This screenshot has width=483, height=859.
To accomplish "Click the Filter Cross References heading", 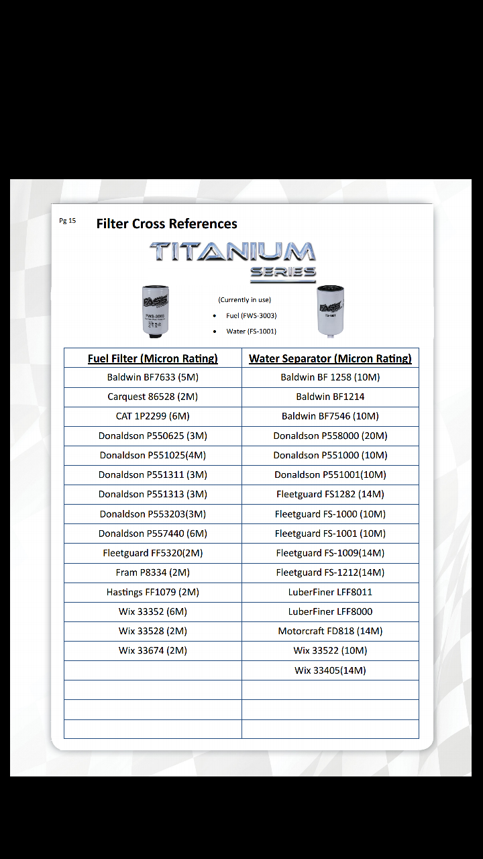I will (x=166, y=223).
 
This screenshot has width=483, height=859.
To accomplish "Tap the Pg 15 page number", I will (x=67, y=221).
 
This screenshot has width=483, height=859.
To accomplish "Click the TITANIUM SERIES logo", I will (x=233, y=260).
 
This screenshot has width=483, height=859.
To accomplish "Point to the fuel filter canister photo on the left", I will (x=156, y=311).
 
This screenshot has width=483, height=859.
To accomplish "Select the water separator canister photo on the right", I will (x=331, y=310).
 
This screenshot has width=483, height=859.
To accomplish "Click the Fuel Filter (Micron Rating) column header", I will (x=153, y=358).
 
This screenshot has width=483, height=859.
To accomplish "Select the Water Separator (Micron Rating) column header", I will (x=330, y=358).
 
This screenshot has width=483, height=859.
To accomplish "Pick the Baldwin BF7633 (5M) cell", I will (x=153, y=377).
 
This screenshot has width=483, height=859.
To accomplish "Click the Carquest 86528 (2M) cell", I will (x=153, y=397).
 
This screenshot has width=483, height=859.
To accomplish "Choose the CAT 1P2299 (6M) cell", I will (x=153, y=416).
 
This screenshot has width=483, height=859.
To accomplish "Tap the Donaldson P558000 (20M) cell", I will (x=330, y=436).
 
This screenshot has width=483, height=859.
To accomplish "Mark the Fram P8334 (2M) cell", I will (x=153, y=572).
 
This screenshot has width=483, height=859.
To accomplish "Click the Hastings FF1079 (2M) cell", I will (x=153, y=592).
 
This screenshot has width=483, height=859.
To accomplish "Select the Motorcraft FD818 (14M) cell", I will (x=330, y=631).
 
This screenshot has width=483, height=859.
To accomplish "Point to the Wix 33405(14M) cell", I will (x=330, y=670).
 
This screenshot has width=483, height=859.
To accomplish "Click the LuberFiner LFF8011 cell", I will (x=330, y=592).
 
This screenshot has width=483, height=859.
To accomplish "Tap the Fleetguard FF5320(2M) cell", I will (x=153, y=553).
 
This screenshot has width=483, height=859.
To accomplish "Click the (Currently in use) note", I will (x=245, y=300).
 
